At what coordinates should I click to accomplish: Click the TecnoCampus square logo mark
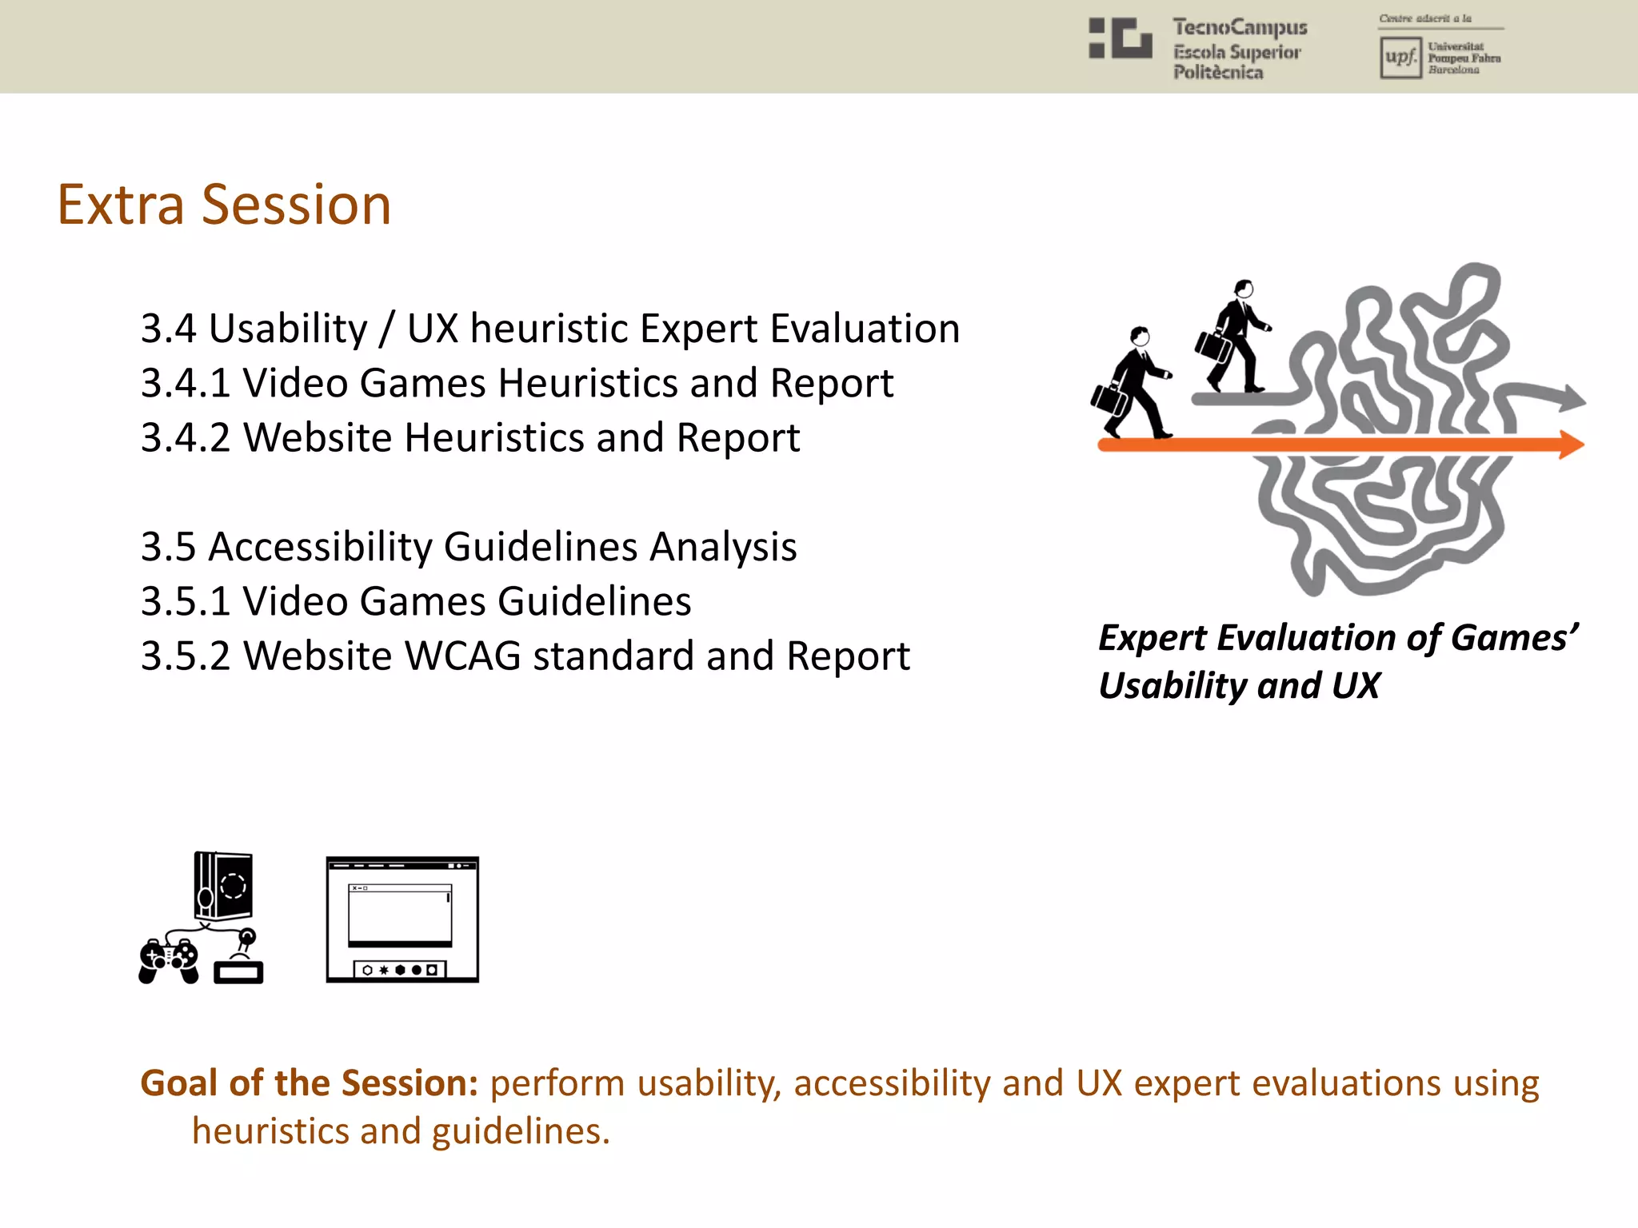pos(1121,38)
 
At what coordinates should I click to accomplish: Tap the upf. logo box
pos(1400,58)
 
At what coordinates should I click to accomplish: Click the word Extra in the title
pos(121,205)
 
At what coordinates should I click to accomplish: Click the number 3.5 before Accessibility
pos(168,547)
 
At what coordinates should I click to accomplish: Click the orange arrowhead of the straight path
pos(1569,445)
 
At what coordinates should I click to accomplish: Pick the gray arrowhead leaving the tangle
pos(1571,397)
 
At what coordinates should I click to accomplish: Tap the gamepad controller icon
pos(169,959)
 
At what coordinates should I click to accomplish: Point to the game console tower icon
pos(223,886)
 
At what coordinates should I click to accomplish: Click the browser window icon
pos(402,919)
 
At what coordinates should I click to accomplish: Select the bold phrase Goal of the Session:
pos(309,1083)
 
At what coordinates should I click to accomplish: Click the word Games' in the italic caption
pos(1514,638)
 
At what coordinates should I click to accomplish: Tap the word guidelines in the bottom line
pos(520,1131)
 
